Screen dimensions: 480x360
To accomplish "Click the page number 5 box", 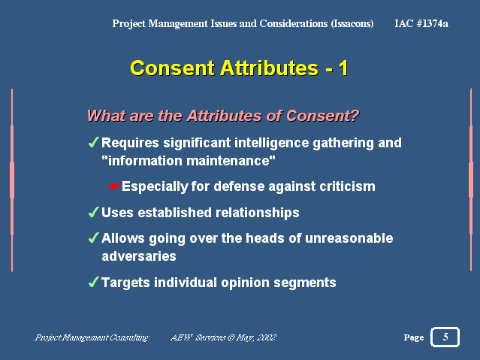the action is [445, 337].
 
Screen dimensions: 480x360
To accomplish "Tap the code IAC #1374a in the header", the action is [421, 23].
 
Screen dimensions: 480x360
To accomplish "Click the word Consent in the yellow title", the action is [172, 68].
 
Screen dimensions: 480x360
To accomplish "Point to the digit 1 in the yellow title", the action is [343, 68].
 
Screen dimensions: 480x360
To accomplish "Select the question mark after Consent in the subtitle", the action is [355, 116].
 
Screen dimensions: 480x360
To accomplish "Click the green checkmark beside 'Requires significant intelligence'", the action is [93, 142].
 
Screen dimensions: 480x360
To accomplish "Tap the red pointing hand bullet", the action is [114, 186].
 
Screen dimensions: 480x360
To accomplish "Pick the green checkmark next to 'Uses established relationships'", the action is [93, 212].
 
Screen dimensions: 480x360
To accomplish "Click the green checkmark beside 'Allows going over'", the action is [93, 237].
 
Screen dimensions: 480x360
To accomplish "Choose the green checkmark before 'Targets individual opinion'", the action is [93, 282].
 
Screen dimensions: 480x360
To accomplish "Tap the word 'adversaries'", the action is [139, 256].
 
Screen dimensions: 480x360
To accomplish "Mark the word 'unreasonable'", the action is [349, 238].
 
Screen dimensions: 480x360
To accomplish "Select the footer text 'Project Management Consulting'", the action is [92, 337].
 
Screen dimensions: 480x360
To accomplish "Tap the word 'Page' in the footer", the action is [414, 337].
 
